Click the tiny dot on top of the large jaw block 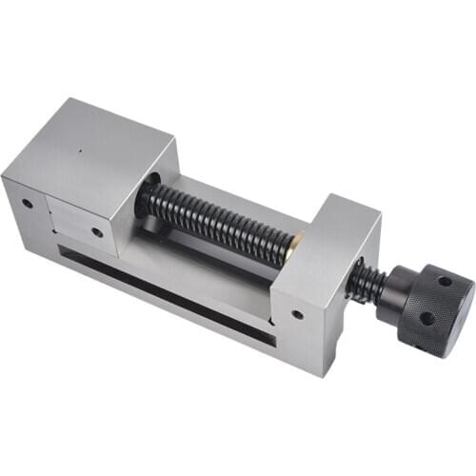point(82,149)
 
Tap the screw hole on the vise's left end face point(27,203)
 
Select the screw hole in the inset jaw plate point(96,231)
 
